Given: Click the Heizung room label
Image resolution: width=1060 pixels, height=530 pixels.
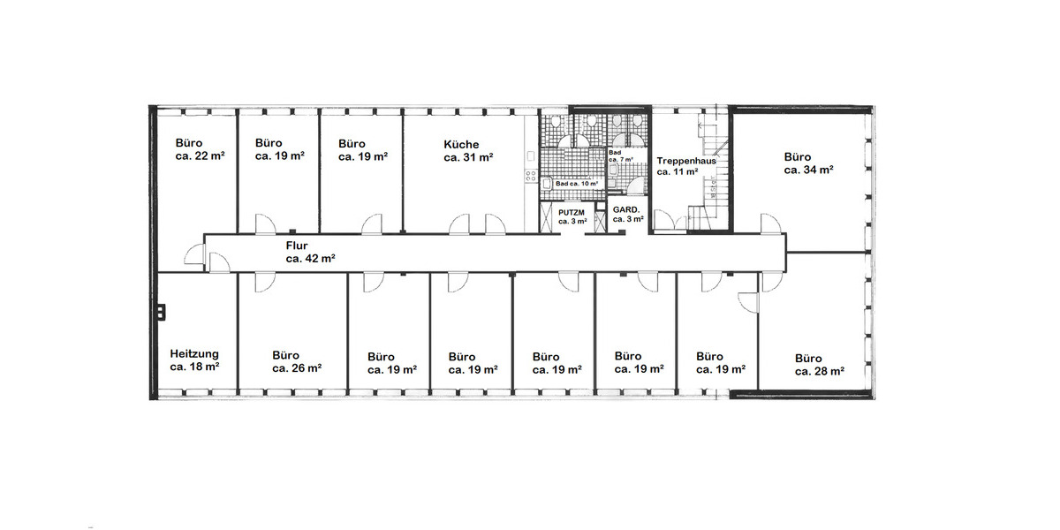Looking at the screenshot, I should pyautogui.click(x=194, y=353).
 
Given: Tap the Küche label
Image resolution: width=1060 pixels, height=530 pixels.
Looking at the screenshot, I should pyautogui.click(x=461, y=144).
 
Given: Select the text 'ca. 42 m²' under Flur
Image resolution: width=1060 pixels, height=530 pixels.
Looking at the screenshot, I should pyautogui.click(x=310, y=259).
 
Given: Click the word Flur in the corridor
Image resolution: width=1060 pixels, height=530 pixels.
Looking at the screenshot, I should pyautogui.click(x=297, y=246).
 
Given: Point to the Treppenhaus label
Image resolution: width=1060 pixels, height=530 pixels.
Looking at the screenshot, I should pyautogui.click(x=685, y=161).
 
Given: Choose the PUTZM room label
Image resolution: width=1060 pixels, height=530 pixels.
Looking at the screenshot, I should pyautogui.click(x=571, y=212).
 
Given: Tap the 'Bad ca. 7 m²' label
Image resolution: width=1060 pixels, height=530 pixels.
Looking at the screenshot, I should pyautogui.click(x=621, y=156).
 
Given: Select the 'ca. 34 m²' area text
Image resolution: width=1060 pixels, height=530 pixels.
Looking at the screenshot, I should pyautogui.click(x=809, y=170).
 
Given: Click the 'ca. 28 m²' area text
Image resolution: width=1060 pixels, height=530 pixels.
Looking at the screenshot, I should pyautogui.click(x=820, y=372).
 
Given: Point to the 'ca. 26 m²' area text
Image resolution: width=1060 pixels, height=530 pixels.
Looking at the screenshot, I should pyautogui.click(x=296, y=368).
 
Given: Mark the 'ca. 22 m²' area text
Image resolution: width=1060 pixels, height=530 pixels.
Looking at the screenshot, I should pyautogui.click(x=200, y=155).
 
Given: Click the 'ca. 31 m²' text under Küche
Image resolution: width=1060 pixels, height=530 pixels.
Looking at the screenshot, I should pyautogui.click(x=468, y=157).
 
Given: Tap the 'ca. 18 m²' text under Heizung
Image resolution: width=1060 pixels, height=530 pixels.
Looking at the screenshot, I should pyautogui.click(x=194, y=366).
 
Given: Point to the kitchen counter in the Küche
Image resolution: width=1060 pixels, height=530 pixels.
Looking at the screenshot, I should pyautogui.click(x=531, y=159).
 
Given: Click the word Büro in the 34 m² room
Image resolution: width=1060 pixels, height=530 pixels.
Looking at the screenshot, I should pyautogui.click(x=798, y=156).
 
